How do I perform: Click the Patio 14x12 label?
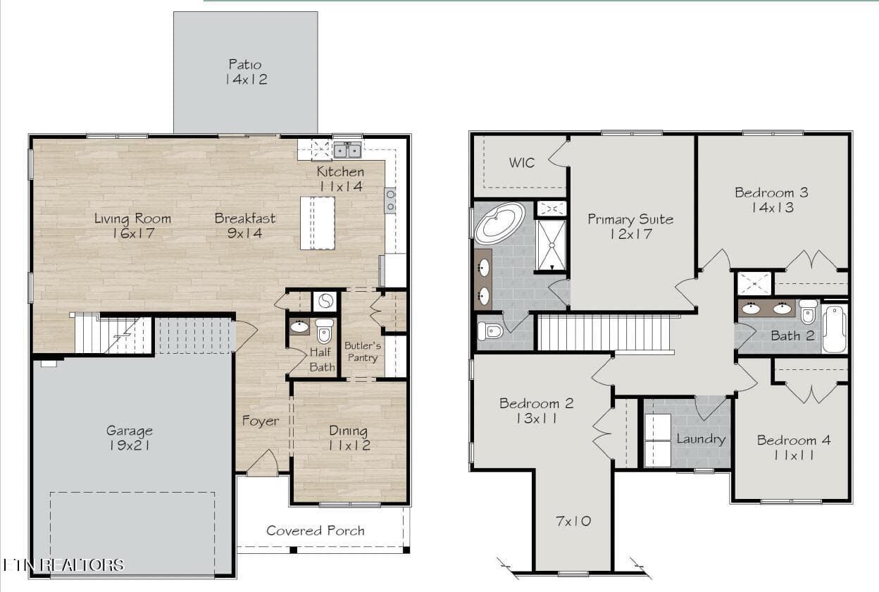(246, 72)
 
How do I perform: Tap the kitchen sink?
(347, 150)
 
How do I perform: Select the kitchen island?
(318, 223)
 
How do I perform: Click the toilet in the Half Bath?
(324, 331)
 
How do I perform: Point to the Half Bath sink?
(299, 326)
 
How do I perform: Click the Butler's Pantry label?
(363, 352)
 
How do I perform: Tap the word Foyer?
(261, 421)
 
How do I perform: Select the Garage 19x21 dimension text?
(129, 445)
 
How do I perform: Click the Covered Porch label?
(316, 531)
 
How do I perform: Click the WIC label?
(521, 163)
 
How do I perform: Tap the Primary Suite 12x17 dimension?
(631, 235)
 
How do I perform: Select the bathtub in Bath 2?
(834, 329)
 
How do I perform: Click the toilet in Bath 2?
(808, 312)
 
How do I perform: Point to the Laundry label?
(701, 439)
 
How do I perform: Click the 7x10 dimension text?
(573, 521)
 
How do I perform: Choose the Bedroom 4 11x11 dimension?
(794, 455)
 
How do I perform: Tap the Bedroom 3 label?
(771, 192)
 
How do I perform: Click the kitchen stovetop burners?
(390, 201)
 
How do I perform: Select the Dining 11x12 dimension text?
(349, 445)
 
